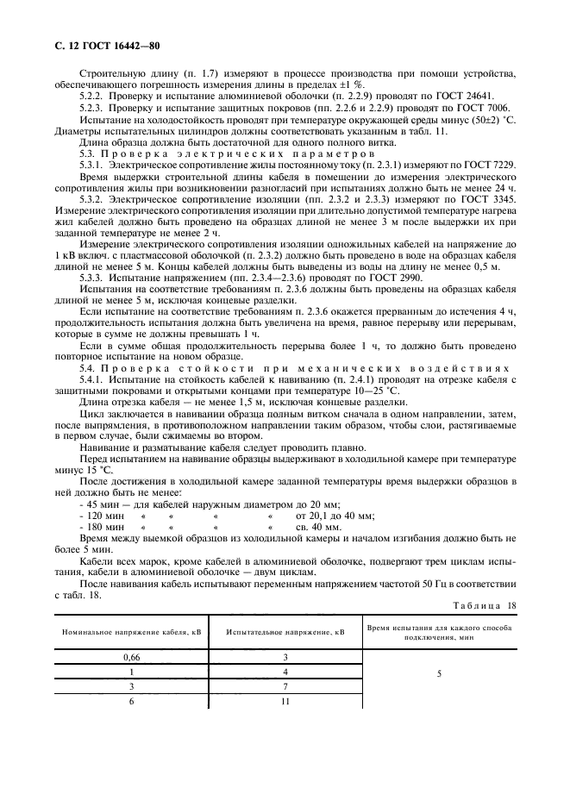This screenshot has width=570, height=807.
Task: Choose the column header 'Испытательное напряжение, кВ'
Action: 285,632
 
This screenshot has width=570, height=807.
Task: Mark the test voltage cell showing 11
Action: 285,702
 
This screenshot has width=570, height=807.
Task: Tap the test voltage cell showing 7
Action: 285,686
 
